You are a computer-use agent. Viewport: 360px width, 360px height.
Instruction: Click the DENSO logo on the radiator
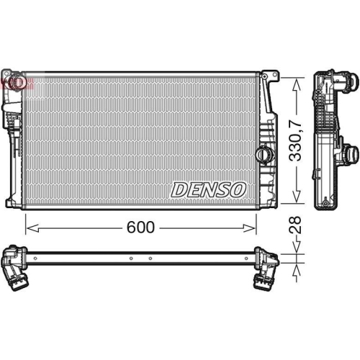[x=209, y=190]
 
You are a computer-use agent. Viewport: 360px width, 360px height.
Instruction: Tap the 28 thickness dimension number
[x=294, y=225]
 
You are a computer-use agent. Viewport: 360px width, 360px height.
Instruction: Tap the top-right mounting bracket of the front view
[x=269, y=76]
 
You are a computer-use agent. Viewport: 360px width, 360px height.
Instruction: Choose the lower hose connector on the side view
[x=351, y=153]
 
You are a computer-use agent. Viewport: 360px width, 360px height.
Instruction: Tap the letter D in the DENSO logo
[x=179, y=190]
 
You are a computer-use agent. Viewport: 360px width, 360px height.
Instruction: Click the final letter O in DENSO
[x=239, y=190]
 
